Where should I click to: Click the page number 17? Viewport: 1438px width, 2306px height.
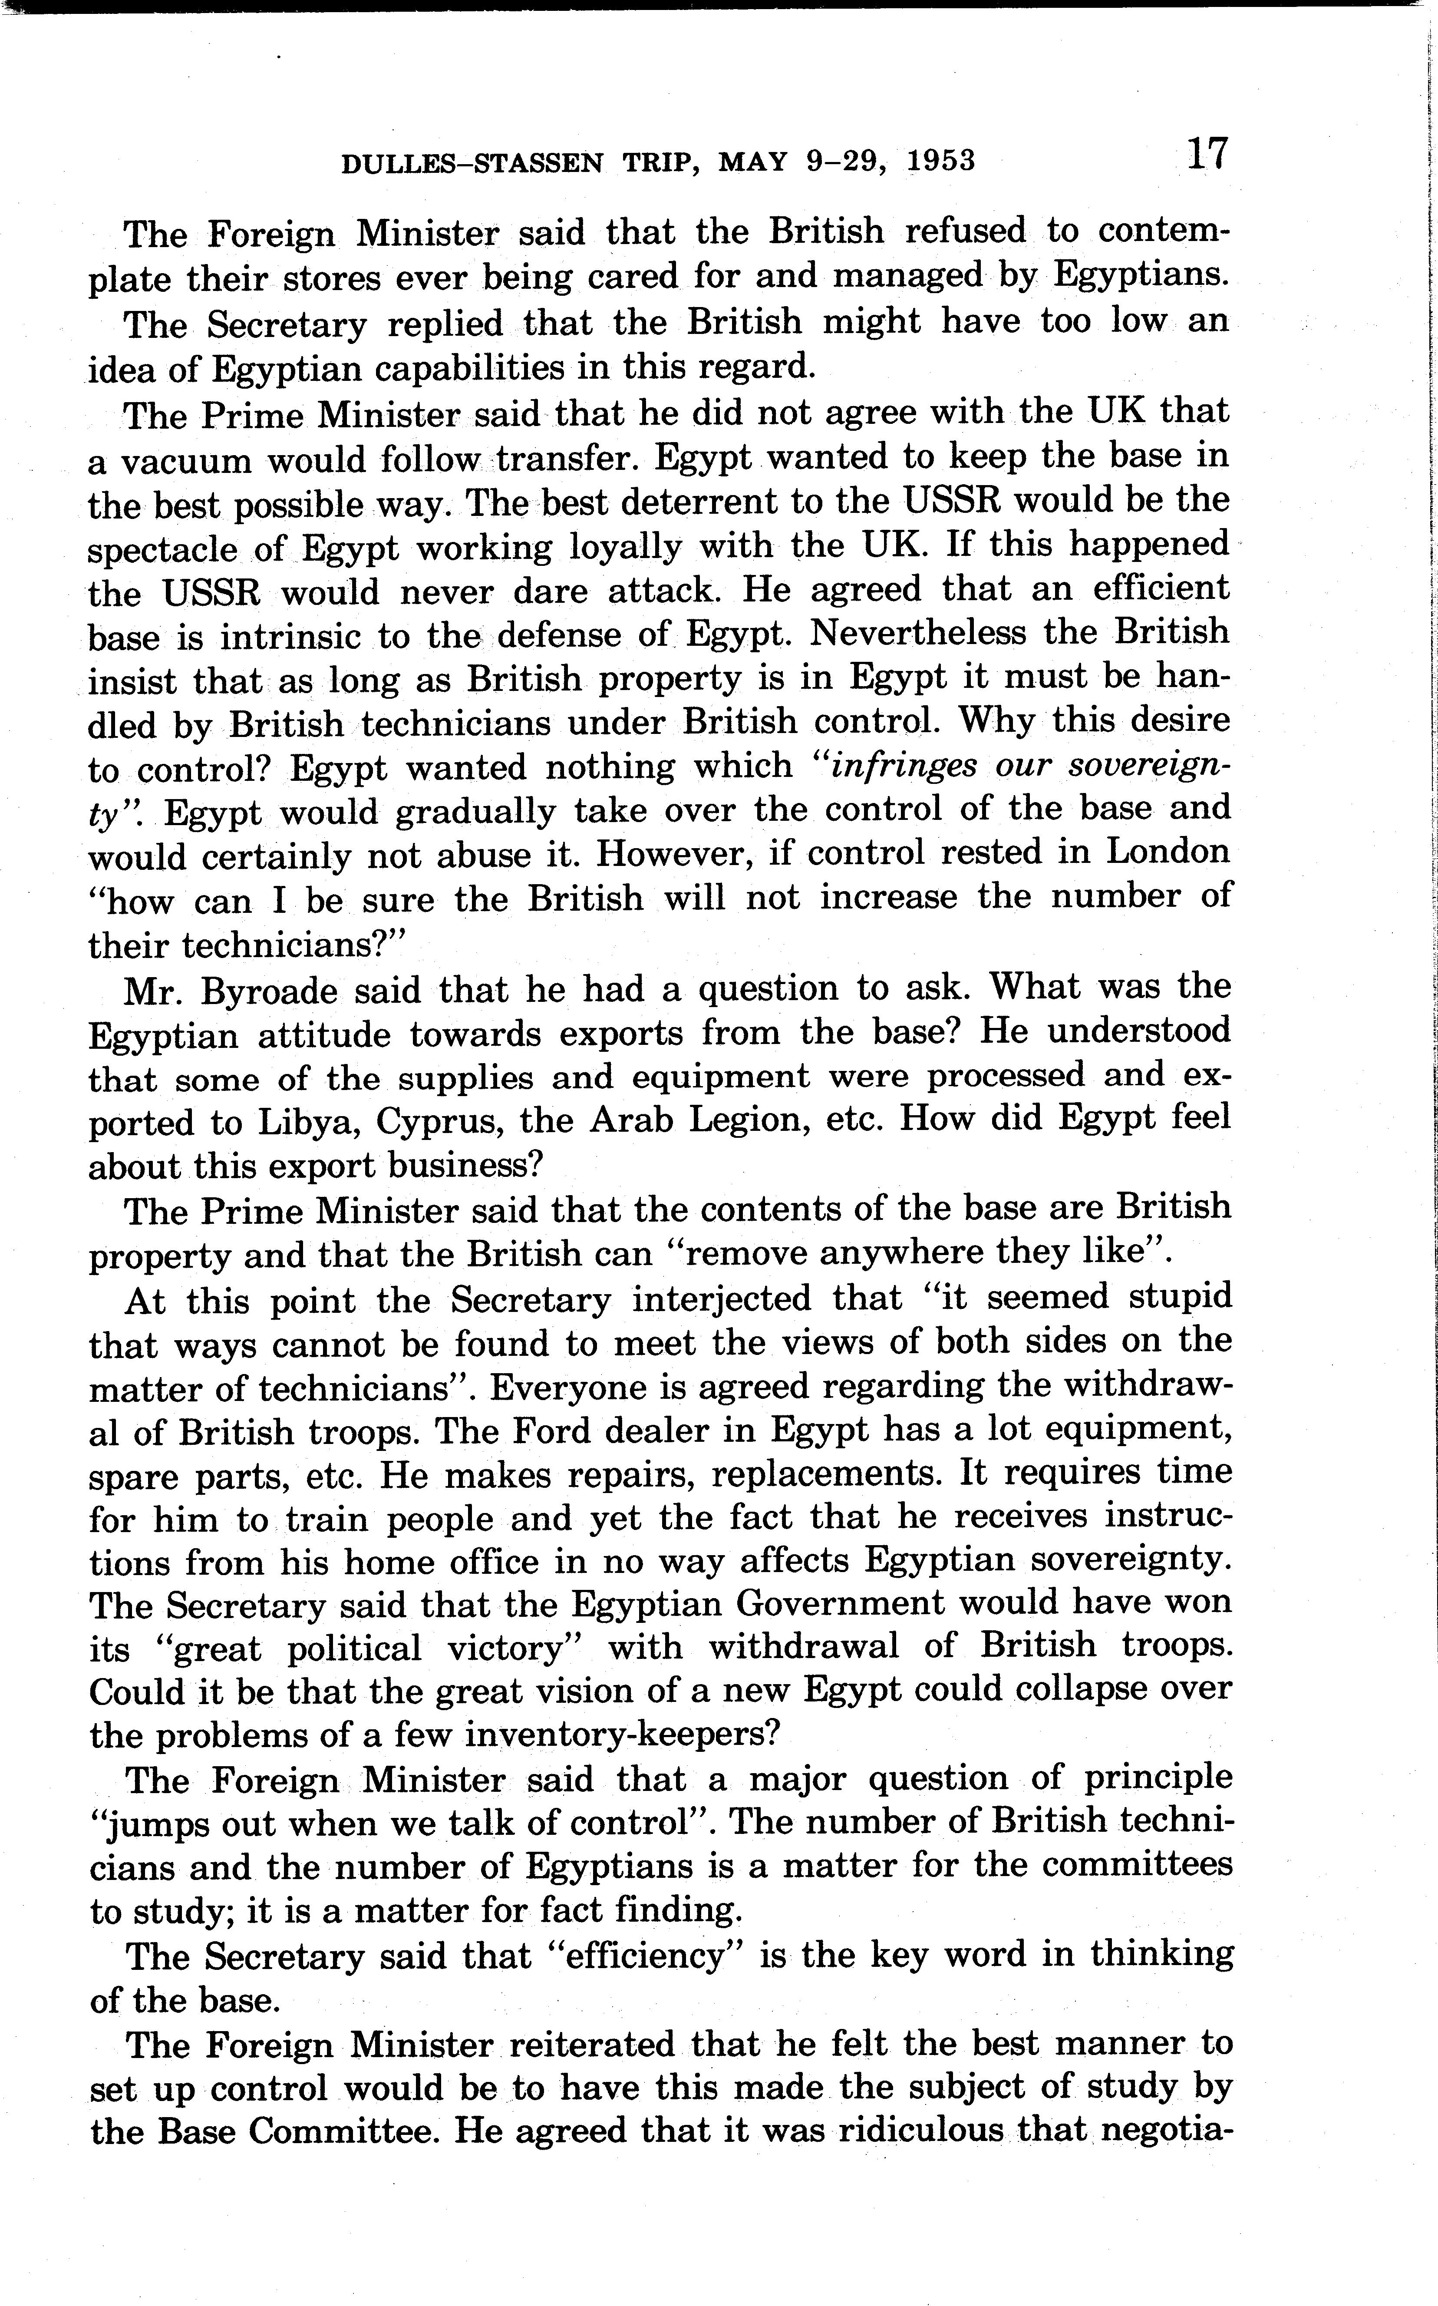[x=1206, y=154]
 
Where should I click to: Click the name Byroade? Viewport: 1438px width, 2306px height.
[x=269, y=990]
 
